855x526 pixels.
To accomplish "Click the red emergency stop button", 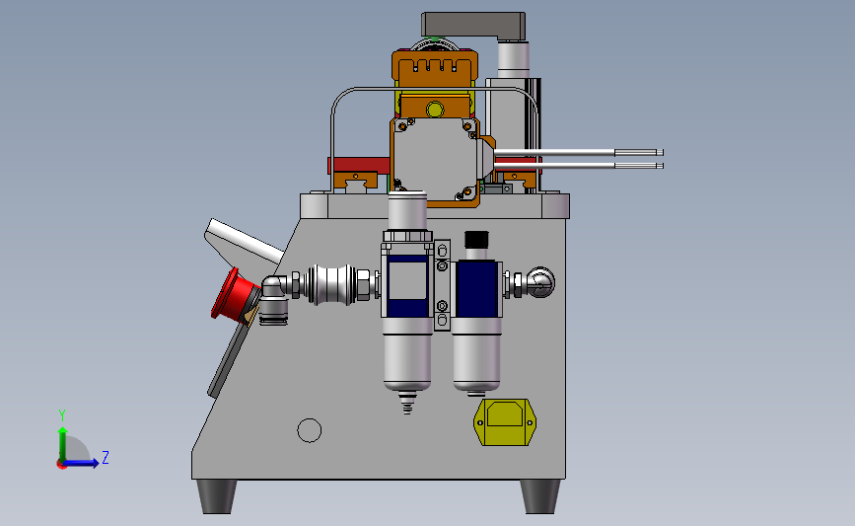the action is [x=234, y=295].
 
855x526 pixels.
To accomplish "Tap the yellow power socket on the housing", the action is [x=505, y=421].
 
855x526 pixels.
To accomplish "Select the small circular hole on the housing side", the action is [x=310, y=430].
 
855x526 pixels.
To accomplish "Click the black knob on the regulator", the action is [x=476, y=239].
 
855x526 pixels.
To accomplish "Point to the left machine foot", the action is [x=217, y=496].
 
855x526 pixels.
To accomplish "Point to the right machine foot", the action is [x=539, y=496].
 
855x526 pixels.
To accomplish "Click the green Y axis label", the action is [x=62, y=415].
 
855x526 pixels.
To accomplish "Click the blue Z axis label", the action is [x=106, y=457].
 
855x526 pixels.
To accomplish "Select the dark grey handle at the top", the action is [x=473, y=25].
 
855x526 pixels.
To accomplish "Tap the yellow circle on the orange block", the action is [x=435, y=110].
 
